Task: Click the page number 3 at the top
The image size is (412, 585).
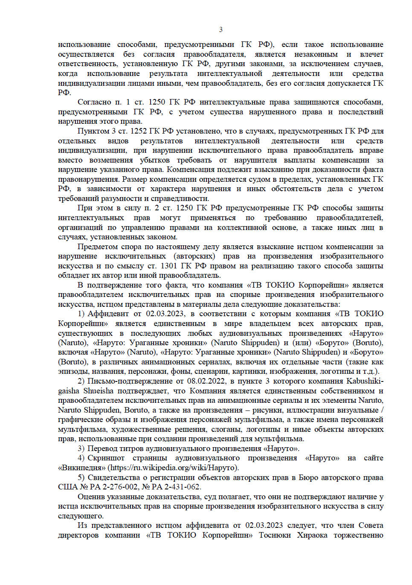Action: pyautogui.click(x=221, y=29)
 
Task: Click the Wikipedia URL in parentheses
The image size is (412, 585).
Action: pyautogui.click(x=173, y=468)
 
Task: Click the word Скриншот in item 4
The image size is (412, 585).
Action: pyautogui.click(x=106, y=458)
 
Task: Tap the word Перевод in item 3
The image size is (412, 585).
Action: pyautogui.click(x=102, y=448)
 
